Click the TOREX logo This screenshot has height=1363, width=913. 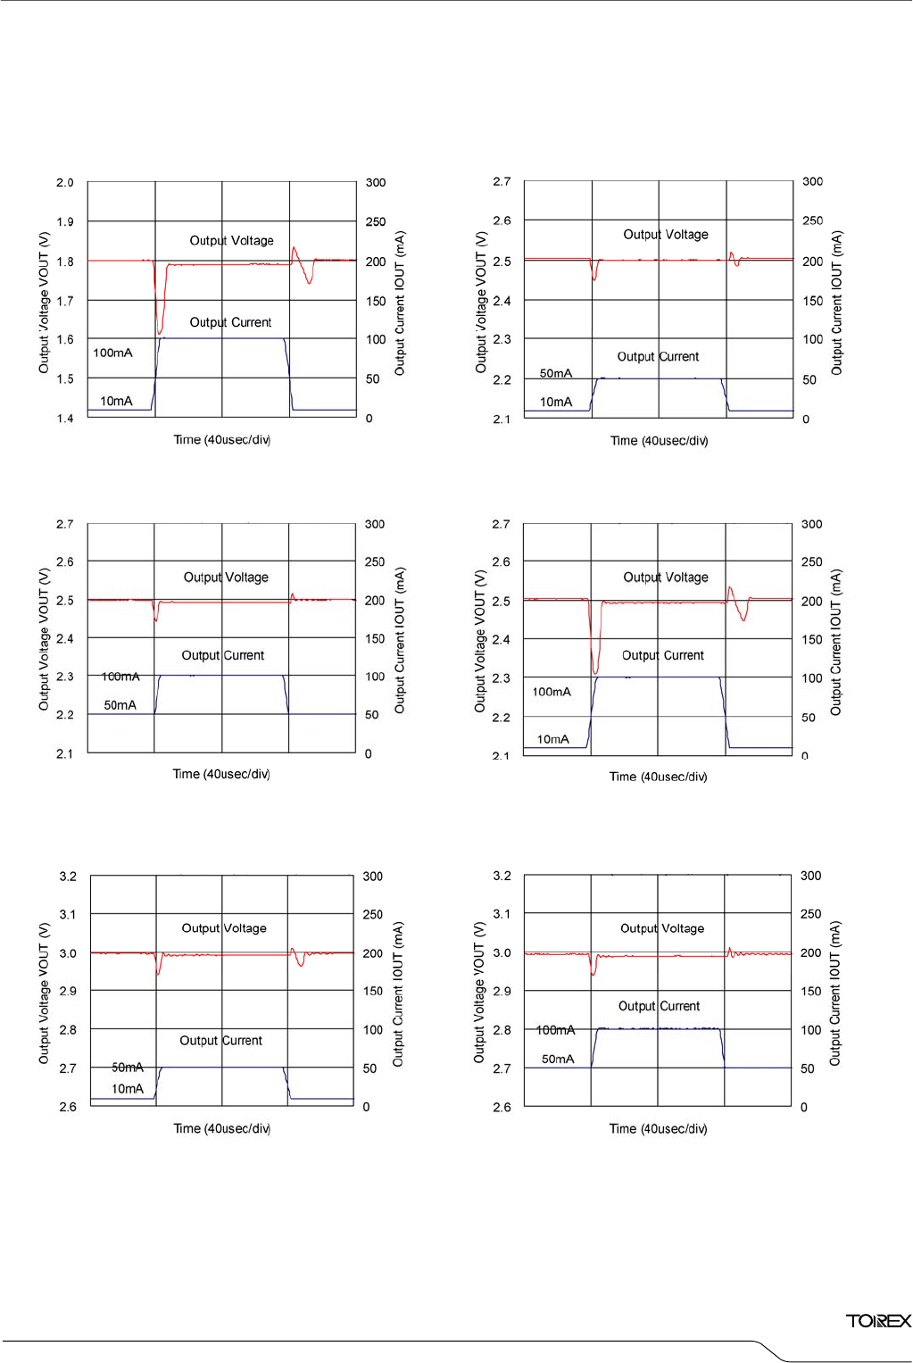pos(878,1321)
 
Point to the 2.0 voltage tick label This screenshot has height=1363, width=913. pos(65,182)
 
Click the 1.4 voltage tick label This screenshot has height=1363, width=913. pos(65,419)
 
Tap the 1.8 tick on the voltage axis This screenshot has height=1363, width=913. pos(65,262)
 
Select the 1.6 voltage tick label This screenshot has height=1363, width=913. pos(65,339)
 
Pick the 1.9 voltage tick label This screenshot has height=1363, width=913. pos(65,221)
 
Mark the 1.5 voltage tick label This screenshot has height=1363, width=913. pos(65,378)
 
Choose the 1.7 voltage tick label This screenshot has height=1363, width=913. pos(65,301)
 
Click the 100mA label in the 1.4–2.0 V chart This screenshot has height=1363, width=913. pos(112,353)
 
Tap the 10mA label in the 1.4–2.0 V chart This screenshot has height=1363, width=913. pos(116,401)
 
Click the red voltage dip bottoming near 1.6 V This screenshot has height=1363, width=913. pos(160,330)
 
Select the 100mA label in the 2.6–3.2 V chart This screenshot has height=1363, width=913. pos(555,1030)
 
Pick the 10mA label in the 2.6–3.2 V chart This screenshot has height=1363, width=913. pos(128,1089)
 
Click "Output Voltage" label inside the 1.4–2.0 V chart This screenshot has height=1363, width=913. pos(231,240)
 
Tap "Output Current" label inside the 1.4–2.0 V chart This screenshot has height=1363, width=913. pos(230,322)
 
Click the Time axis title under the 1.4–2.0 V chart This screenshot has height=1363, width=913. pos(221,440)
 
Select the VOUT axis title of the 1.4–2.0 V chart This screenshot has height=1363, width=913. pos(44,302)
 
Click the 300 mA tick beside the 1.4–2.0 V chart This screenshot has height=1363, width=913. pos(376,182)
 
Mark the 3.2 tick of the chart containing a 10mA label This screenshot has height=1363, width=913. pos(68,877)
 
